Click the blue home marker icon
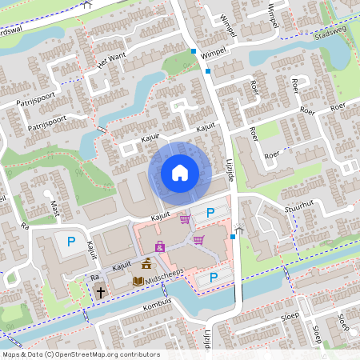(180, 172)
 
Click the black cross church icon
(101, 293)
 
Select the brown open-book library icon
(138, 281)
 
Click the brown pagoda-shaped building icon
(146, 263)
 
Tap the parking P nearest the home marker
(210, 213)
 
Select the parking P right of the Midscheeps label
(213, 277)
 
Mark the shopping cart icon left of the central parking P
(186, 218)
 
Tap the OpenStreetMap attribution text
(81, 354)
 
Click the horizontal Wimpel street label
(214, 51)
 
